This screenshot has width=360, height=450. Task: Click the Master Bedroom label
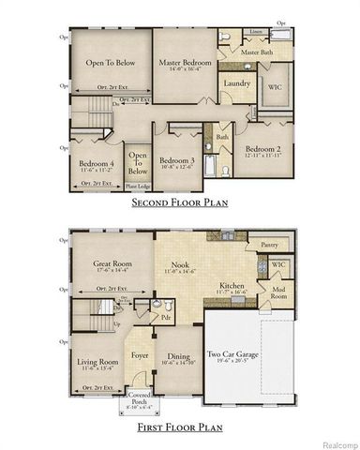184,63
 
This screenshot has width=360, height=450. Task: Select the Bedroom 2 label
262,149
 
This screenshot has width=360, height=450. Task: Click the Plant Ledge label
137,185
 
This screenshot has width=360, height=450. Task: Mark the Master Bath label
256,53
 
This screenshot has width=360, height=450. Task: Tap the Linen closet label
256,31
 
